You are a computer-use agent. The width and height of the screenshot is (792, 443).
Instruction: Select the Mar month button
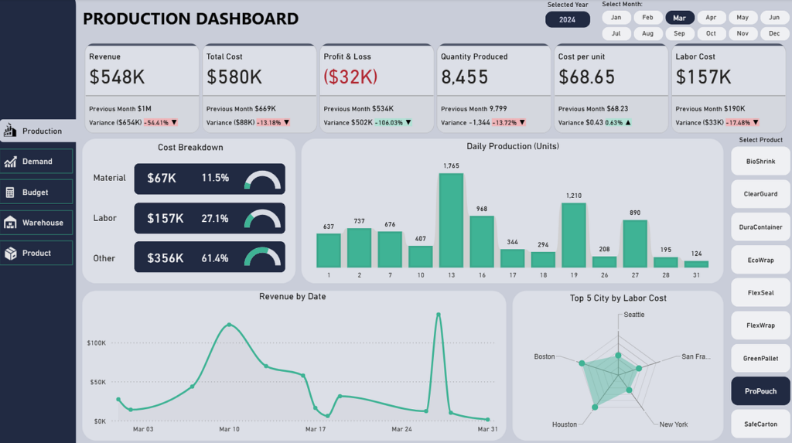pyautogui.click(x=679, y=18)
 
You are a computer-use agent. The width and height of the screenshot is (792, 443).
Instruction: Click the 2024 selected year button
pyautogui.click(x=567, y=19)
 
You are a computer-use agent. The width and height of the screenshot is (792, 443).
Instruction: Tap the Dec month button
pyautogui.click(x=773, y=33)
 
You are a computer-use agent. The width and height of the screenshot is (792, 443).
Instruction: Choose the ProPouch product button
pyautogui.click(x=760, y=391)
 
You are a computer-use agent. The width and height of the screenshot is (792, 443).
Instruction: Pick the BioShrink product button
pyautogui.click(x=760, y=162)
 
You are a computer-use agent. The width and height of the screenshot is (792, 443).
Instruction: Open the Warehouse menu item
pyautogui.click(x=36, y=222)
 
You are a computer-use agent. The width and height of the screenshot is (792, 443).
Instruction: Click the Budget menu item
pyautogui.click(x=36, y=192)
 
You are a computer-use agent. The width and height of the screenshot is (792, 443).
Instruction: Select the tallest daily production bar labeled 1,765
pyautogui.click(x=451, y=220)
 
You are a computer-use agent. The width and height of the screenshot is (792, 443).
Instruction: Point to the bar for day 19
pyautogui.click(x=574, y=235)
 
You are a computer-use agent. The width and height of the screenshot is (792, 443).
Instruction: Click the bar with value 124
pyautogui.click(x=696, y=264)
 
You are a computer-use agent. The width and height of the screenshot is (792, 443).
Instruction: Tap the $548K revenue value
pyautogui.click(x=118, y=77)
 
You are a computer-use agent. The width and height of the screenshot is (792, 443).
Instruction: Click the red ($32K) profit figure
pyautogui.click(x=350, y=77)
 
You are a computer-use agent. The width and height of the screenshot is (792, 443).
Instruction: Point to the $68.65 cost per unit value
pyautogui.click(x=586, y=77)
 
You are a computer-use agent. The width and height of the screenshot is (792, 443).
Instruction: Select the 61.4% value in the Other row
pyautogui.click(x=215, y=258)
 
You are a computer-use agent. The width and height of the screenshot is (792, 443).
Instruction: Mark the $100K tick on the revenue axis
pyautogui.click(x=96, y=343)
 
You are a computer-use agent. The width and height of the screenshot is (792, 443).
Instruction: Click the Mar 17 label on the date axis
pyautogui.click(x=316, y=429)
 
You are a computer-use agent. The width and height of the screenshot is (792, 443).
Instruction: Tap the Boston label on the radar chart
pyautogui.click(x=544, y=356)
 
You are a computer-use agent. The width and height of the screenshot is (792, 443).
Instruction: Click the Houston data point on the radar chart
pyautogui.click(x=595, y=407)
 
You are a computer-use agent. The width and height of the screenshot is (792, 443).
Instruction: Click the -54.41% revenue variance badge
pyautogui.click(x=156, y=123)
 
